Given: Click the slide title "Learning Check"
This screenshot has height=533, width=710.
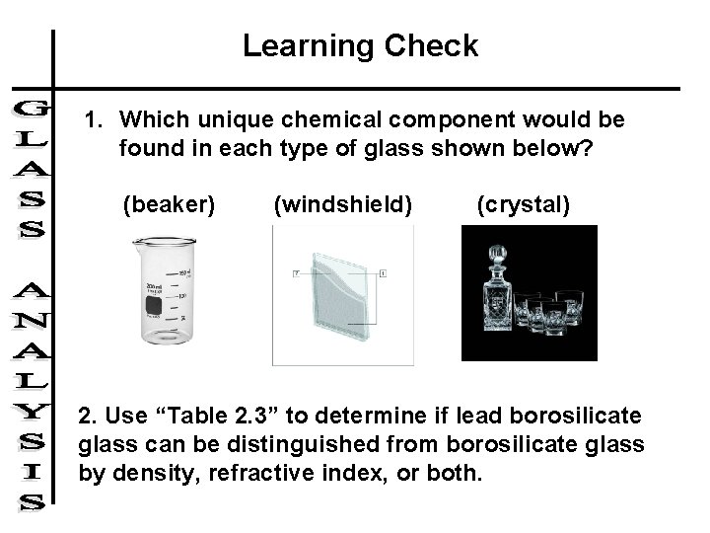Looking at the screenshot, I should coord(360,45).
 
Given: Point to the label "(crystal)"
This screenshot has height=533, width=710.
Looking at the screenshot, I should coord(523,204).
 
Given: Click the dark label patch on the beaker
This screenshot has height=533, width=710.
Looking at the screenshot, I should coord(154,310).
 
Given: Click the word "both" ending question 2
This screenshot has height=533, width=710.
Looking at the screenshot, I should coord(458,473).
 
